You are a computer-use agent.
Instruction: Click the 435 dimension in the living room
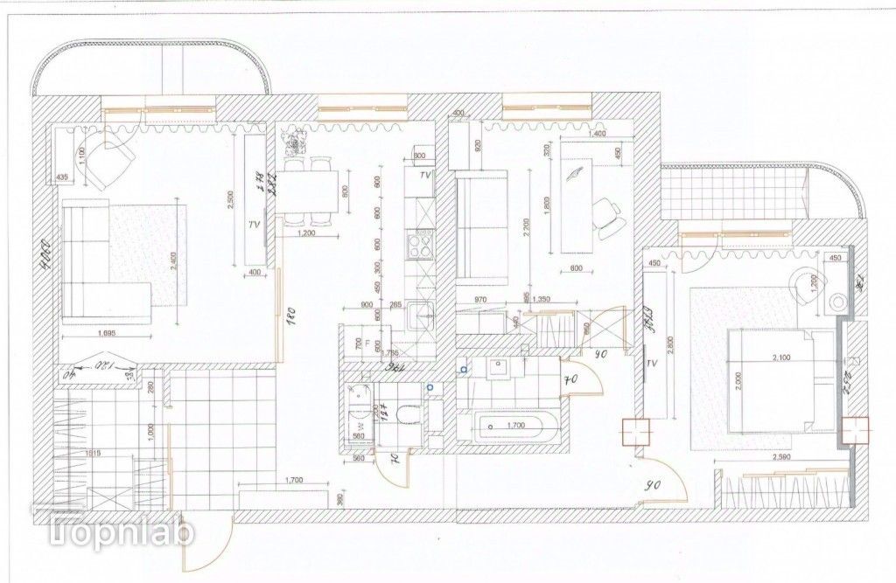(62, 178)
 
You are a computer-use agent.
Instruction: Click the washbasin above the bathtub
(499, 370)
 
